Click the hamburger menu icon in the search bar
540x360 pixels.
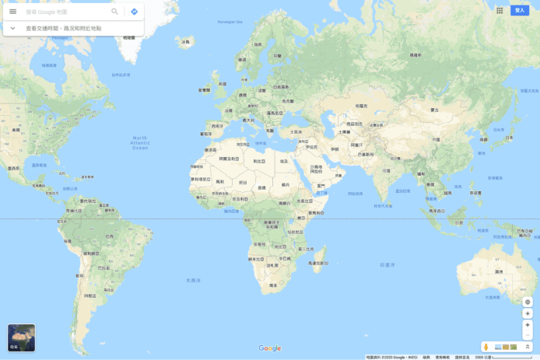(12, 12)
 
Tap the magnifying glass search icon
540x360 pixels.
(115, 12)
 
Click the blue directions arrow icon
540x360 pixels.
(134, 12)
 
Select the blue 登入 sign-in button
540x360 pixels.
(520, 10)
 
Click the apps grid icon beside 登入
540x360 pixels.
(500, 10)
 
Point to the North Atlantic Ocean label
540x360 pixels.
(140, 142)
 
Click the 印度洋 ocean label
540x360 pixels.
(387, 264)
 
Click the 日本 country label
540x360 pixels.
(508, 138)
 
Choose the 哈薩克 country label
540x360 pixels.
(360, 105)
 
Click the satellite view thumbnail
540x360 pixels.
(21, 337)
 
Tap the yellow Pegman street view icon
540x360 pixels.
(486, 346)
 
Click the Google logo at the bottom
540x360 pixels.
(270, 348)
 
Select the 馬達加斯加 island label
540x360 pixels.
(318, 263)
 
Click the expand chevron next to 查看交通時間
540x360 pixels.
(12, 28)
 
